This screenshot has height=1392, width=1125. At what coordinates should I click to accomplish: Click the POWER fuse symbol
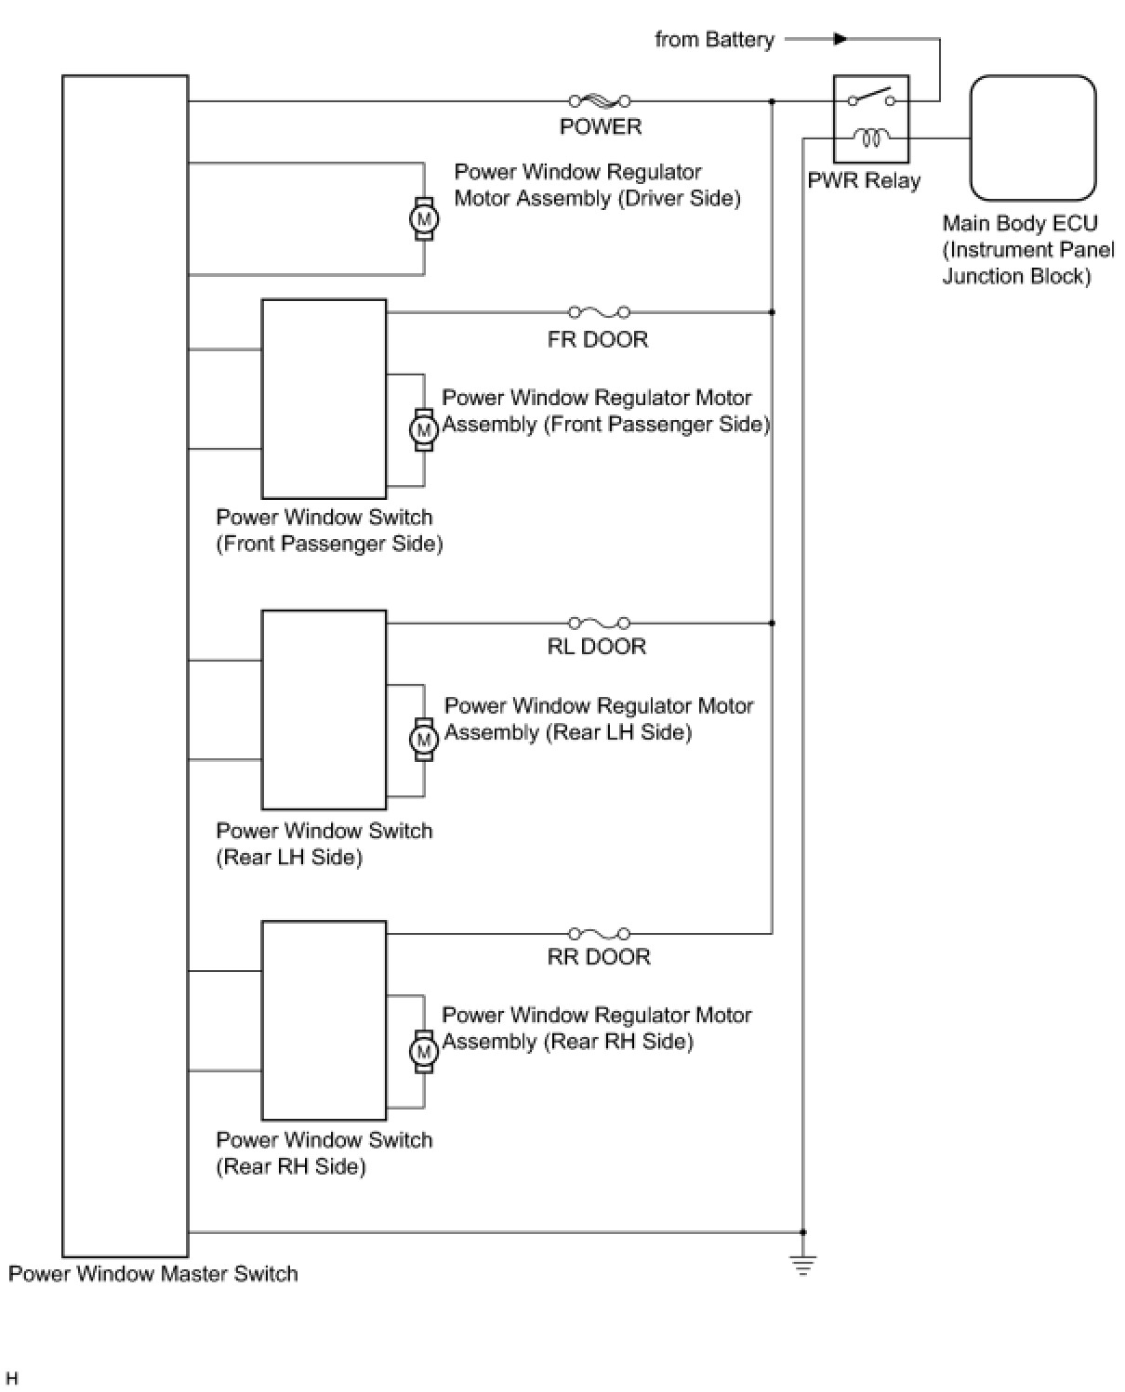point(600,100)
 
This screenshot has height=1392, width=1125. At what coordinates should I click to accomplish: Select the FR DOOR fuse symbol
point(600,312)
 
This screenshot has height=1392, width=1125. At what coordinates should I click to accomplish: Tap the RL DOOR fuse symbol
point(600,623)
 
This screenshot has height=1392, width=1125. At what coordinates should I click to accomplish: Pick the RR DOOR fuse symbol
point(600,933)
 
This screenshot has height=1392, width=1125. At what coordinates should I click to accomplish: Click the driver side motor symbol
point(424,219)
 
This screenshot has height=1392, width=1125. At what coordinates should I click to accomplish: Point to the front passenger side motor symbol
point(424,430)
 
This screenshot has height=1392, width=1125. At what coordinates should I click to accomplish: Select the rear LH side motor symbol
point(424,740)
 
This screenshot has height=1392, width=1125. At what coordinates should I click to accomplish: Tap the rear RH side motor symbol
point(424,1052)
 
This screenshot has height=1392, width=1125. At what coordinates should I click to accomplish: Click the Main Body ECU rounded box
point(1033,138)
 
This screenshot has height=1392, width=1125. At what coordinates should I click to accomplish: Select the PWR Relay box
point(870,119)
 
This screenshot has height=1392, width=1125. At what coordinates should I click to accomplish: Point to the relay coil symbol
point(871,138)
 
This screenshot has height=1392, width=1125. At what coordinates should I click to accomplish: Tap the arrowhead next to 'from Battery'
point(840,39)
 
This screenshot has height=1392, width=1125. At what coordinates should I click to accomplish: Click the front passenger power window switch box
point(324,399)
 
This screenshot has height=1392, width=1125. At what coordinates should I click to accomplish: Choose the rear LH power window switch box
point(324,710)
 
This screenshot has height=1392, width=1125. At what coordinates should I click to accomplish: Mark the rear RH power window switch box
point(324,1020)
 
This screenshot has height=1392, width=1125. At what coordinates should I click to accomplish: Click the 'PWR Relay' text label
point(863,180)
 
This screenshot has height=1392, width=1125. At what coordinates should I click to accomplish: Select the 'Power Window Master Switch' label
point(153,1273)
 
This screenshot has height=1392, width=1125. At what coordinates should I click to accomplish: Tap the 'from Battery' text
point(714,39)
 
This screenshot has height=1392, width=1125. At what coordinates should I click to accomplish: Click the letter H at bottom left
point(12,1378)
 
